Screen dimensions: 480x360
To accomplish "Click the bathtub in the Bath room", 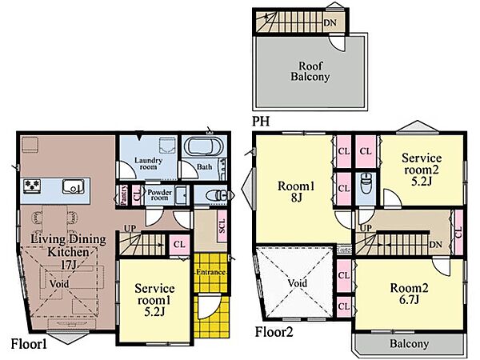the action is tap(204, 147).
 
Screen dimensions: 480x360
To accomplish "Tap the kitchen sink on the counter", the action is tap(73, 186).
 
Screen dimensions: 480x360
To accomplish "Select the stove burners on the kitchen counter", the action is tap(32, 186).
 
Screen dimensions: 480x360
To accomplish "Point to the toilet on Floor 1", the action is tap(217, 195).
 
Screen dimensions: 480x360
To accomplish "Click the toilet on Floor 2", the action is tap(366, 183).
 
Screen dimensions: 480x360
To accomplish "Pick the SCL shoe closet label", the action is tap(222, 226).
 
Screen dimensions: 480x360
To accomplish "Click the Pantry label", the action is tap(123, 194).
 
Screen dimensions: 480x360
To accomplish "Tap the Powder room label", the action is tap(159, 195).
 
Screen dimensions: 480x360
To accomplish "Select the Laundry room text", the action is tap(148, 163).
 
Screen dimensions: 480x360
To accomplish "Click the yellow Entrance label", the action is tap(210, 272).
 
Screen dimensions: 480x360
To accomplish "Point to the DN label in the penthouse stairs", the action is tap(330, 22).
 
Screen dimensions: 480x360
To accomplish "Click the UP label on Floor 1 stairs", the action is tap(130, 228).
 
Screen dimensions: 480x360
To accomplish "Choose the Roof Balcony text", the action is tap(310, 71).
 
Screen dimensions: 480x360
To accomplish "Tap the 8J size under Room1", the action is tap(296, 198).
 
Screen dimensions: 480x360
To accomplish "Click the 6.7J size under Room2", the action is tap(409, 299).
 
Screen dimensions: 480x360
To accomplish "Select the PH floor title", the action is tap(261, 122).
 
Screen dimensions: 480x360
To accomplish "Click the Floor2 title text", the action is tap(274, 332).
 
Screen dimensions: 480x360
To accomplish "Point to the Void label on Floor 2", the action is tap(298, 283).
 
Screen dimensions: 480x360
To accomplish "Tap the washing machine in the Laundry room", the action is tap(167, 146).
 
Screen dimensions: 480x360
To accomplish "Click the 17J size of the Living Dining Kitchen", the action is tap(68, 265).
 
